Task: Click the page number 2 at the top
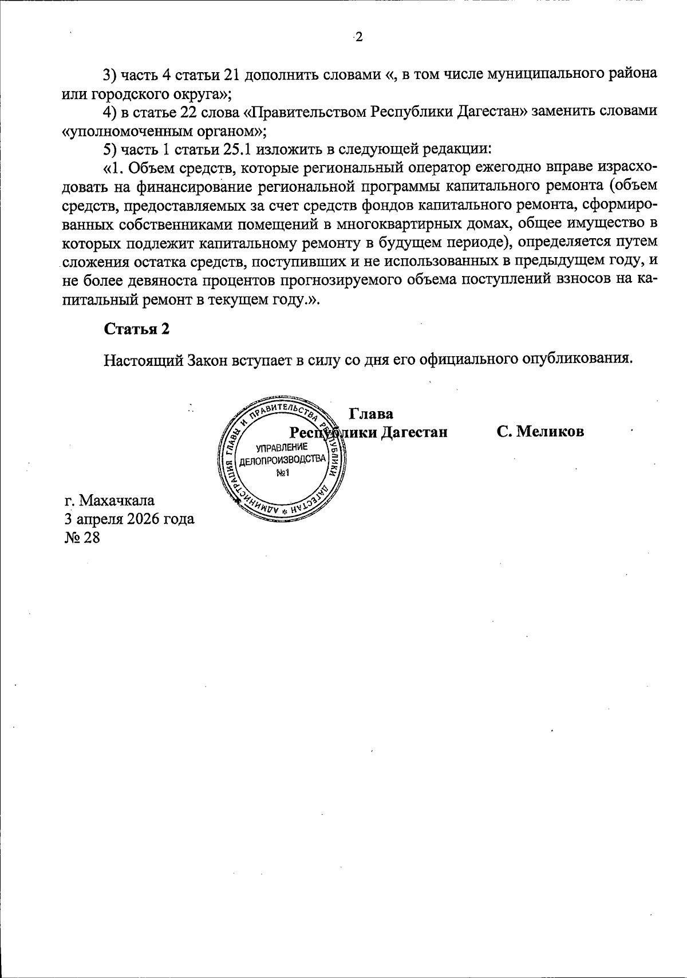coord(358,38)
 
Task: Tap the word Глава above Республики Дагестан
coord(370,413)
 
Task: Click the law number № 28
coord(82,538)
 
